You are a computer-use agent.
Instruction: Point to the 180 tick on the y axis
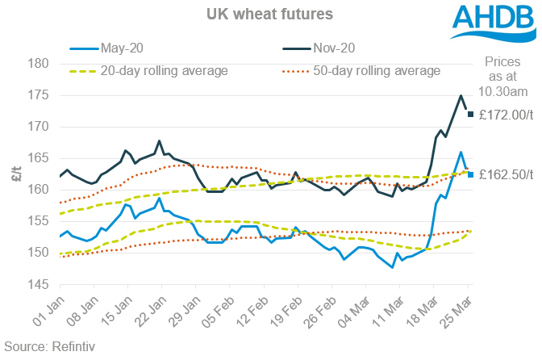40,64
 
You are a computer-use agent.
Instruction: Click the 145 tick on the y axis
40,284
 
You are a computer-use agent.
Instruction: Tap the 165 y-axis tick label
40,158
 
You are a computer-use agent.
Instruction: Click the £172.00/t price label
507,115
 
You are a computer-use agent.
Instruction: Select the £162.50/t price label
507,174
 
